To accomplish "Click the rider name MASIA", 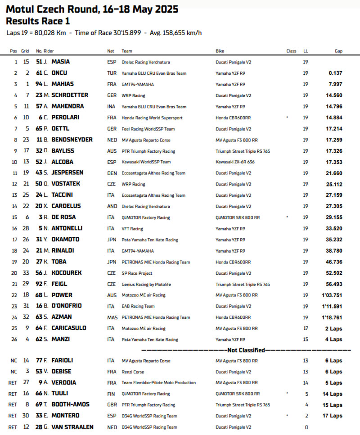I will coord(61,62).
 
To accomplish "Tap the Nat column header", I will coord(110,51).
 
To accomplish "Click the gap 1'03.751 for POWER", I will coord(332,295).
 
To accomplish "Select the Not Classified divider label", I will coord(246,350).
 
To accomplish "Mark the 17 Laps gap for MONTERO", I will coord(333,416).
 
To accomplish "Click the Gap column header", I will coord(338,51).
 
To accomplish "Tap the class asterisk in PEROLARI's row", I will coord(288,117).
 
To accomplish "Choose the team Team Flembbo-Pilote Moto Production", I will coord(158,382).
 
